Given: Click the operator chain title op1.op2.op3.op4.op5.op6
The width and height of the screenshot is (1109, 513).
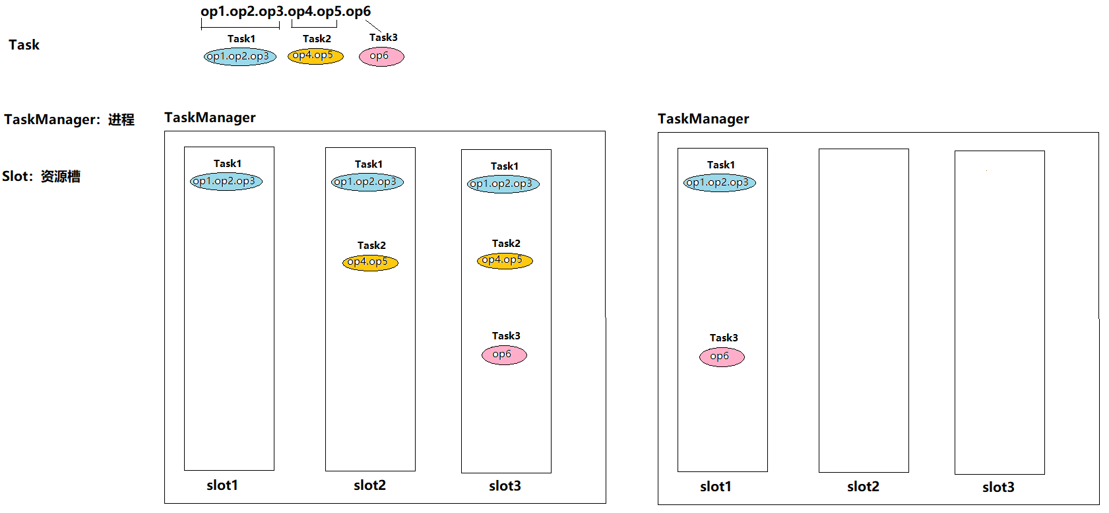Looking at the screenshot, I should tap(286, 11).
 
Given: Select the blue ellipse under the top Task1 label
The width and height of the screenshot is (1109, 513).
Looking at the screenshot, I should tap(239, 57).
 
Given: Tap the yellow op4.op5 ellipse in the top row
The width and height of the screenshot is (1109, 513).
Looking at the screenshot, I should tap(315, 56).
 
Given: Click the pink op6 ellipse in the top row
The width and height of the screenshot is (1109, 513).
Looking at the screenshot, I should tap(381, 56).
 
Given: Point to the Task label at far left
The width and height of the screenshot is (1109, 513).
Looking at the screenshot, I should tap(24, 45).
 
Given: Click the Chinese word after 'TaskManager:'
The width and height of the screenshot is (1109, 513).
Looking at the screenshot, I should tap(121, 120).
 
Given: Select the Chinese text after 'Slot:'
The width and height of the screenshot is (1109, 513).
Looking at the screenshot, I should tap(61, 176).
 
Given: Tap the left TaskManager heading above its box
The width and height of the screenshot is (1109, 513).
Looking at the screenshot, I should tap(210, 118).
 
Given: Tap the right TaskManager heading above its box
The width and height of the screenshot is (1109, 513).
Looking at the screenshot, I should tap(703, 119).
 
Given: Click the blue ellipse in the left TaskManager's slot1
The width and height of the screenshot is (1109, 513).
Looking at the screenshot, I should tap(226, 182).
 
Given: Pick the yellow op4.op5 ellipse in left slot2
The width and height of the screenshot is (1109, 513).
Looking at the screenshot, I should tap(370, 263).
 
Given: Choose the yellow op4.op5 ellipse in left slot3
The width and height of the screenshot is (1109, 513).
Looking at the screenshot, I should tap(505, 261).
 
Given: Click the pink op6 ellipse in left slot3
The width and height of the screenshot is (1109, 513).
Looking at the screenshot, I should tap(504, 355).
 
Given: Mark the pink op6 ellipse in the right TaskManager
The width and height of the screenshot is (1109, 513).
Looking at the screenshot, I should tap(722, 357).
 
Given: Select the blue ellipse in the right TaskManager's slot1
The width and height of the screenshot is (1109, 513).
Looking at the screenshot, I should tap(720, 183).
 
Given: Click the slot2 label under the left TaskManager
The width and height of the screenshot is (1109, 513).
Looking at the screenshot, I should tap(369, 485).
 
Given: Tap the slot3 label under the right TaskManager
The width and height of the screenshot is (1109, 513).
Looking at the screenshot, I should tap(998, 487).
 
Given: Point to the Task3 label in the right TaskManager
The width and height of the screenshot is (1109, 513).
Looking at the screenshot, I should tap(724, 338).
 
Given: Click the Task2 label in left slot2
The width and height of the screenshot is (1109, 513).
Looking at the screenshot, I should tap(371, 246).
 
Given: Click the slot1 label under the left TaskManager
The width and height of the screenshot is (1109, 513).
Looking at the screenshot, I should tap(222, 485).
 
